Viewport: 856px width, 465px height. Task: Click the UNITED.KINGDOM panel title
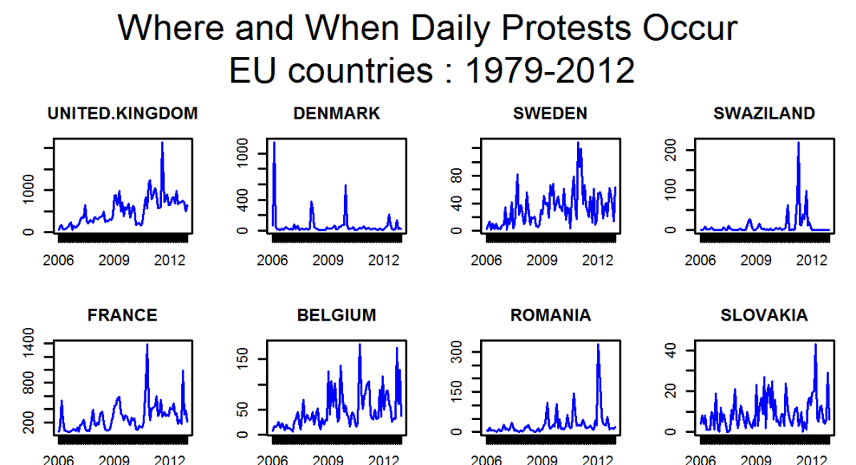tap(122, 114)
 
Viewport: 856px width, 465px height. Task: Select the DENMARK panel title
tap(337, 114)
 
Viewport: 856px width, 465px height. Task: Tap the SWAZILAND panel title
tap(764, 114)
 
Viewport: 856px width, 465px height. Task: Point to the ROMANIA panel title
tap(550, 315)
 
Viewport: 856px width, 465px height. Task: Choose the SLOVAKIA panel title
tap(764, 315)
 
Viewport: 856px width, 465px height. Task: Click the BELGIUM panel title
tap(337, 315)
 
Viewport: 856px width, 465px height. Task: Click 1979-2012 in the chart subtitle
tap(550, 71)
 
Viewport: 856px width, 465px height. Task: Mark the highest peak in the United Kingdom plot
tap(162, 143)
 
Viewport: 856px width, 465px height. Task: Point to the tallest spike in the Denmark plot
tap(274, 143)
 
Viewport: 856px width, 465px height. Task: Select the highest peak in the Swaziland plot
tap(798, 143)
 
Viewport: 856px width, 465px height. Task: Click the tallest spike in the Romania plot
tap(598, 345)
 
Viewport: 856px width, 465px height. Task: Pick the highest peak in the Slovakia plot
tap(815, 345)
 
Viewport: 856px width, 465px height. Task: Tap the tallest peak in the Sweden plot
tap(578, 143)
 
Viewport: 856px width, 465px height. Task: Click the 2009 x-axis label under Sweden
tap(542, 261)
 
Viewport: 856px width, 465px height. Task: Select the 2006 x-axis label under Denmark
tap(273, 261)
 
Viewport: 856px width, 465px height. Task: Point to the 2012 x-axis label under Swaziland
tap(811, 261)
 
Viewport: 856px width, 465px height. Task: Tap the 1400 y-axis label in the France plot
tap(29, 343)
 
